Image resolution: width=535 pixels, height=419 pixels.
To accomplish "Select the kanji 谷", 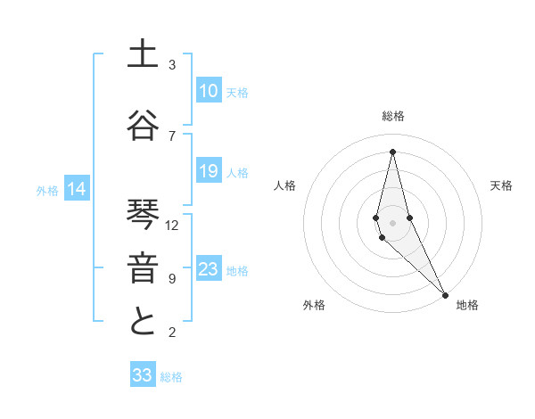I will tap(142, 127).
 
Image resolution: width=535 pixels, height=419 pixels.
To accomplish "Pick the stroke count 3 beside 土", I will tap(172, 65).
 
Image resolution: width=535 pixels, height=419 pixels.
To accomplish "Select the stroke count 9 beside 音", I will tap(172, 279).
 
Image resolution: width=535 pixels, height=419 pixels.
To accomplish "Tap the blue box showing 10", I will tap(209, 91).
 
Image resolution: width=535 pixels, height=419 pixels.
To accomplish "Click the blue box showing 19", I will tap(209, 171).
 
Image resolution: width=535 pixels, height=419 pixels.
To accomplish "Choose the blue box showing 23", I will tap(209, 269).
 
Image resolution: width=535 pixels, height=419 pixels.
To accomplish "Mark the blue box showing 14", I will tap(77, 189).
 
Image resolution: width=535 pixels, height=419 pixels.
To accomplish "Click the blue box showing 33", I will tap(143, 375).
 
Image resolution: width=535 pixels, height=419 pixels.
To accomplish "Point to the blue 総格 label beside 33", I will tap(171, 377).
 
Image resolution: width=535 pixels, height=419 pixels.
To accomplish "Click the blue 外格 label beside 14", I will tap(47, 190).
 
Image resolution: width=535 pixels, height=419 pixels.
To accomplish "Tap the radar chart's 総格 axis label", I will tap(392, 116).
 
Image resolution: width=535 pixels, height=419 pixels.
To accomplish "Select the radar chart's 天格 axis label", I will tap(501, 185).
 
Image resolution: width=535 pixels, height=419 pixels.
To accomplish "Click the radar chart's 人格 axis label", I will tap(284, 185).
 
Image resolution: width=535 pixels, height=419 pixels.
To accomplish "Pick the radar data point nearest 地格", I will tap(445, 293).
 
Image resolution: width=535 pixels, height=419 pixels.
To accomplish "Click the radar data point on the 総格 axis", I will tap(392, 152).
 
